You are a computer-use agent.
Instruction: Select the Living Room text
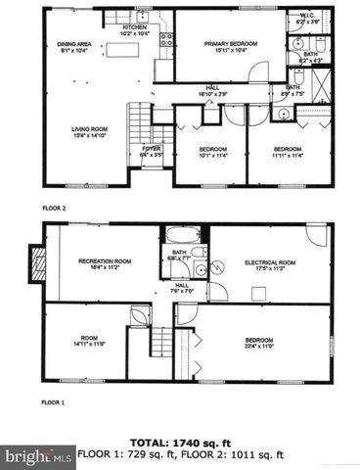88,131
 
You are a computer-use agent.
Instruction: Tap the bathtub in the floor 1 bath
182,236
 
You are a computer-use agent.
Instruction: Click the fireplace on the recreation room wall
38,262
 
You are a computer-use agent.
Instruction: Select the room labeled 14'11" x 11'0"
88,343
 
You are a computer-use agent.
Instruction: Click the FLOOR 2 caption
54,208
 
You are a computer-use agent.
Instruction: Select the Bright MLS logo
38,456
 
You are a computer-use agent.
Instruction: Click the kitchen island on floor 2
122,48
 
